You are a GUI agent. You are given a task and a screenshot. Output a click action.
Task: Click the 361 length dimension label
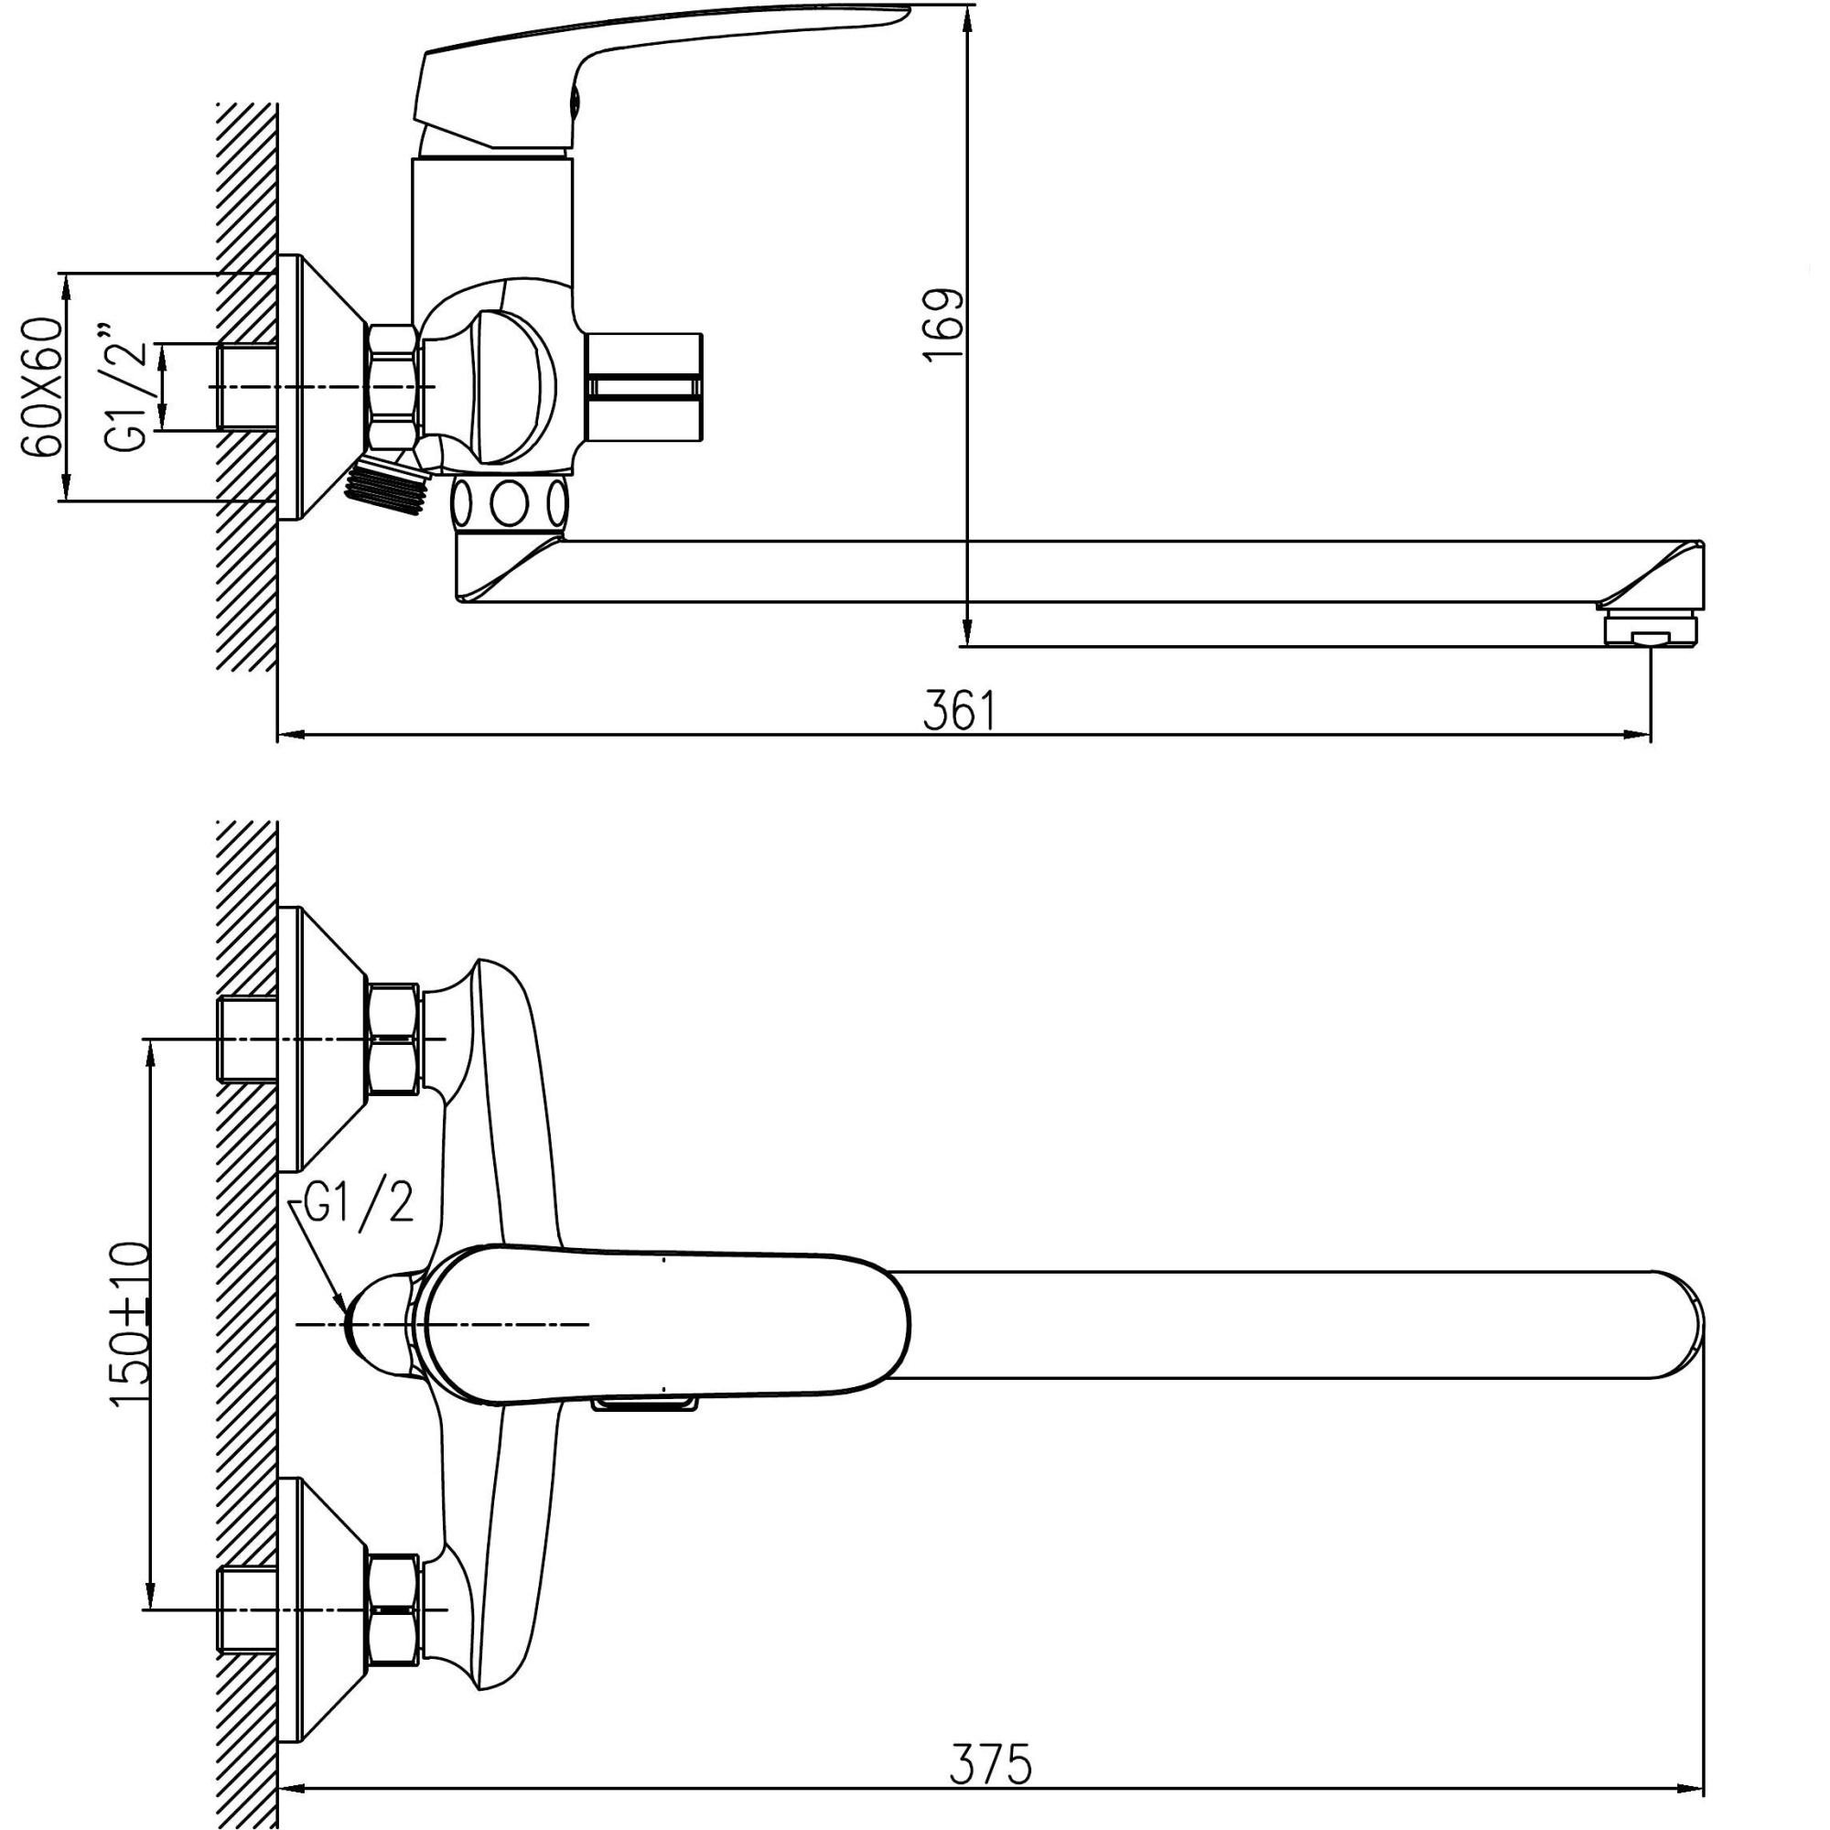[960, 711]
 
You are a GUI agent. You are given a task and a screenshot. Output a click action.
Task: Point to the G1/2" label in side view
[129, 388]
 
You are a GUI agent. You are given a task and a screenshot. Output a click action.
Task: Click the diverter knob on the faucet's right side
[645, 386]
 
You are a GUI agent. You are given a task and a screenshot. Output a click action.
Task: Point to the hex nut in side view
[392, 386]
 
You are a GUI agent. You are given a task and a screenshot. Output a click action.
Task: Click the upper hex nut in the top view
[393, 1039]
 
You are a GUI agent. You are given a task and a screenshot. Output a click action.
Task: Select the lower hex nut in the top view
[393, 1609]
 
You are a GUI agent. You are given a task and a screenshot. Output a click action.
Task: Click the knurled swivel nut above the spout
[510, 503]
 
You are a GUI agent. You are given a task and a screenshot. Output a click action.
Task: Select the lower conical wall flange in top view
[322, 1608]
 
